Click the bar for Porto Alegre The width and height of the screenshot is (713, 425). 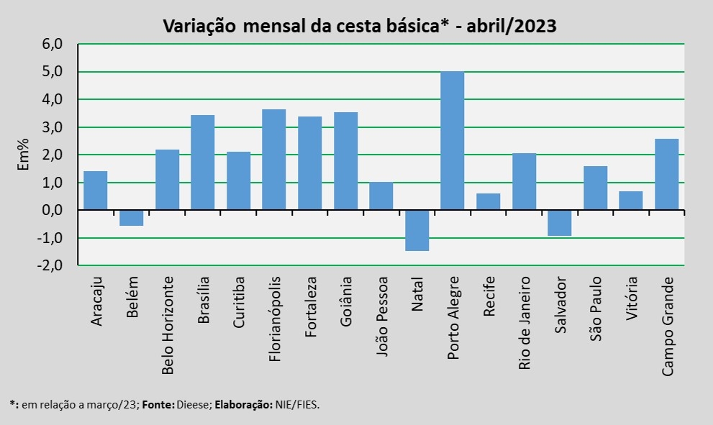[452, 141]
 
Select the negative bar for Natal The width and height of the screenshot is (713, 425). [417, 230]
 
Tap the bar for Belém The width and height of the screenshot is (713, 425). [131, 218]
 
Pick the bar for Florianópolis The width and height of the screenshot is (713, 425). [274, 160]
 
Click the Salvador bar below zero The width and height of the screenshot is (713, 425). [559, 223]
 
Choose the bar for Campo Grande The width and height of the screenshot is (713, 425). [666, 175]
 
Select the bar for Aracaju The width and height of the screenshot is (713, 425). [96, 191]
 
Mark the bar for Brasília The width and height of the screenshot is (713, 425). [202, 163]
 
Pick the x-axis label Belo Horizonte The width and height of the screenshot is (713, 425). [168, 324]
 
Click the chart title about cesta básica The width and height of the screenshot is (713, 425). [359, 26]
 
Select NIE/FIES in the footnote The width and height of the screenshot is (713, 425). [296, 405]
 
